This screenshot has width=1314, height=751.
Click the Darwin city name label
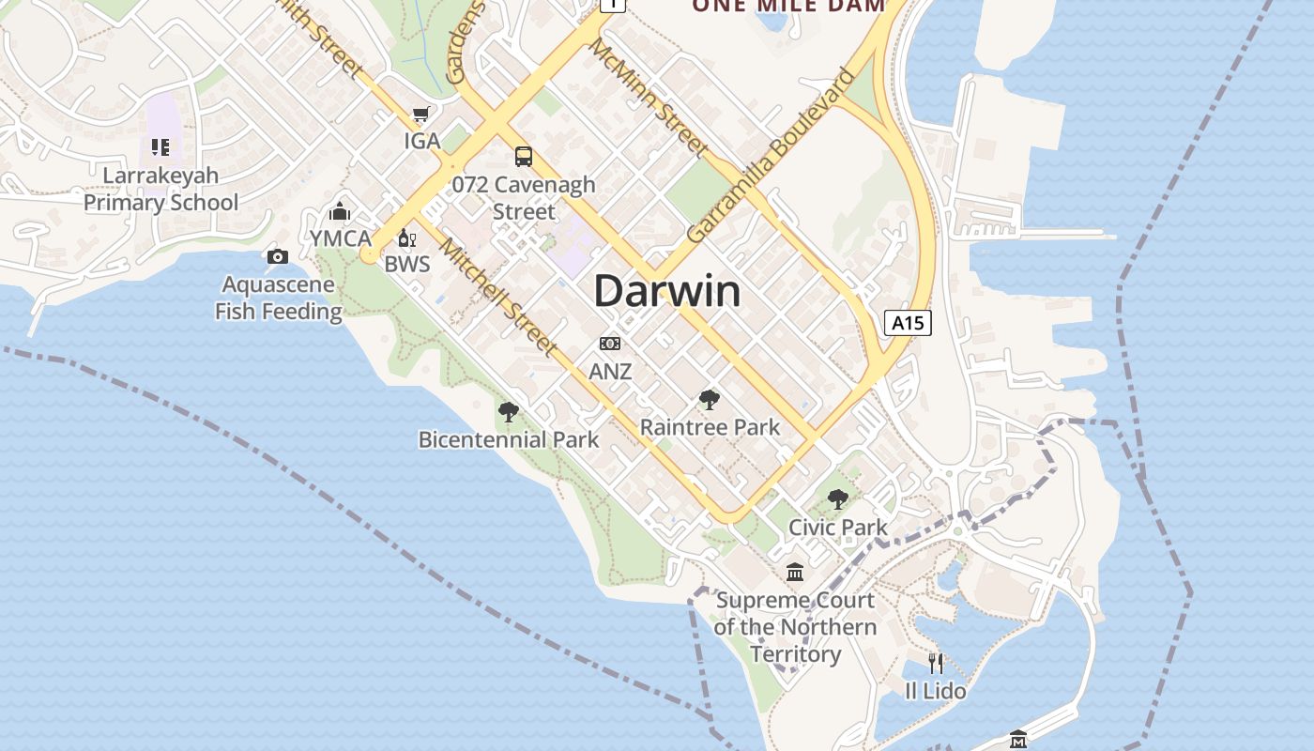[666, 291]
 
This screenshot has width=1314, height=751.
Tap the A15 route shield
[908, 323]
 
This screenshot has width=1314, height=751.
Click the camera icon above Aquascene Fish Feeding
[278, 256]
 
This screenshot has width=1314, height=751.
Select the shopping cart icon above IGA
[420, 115]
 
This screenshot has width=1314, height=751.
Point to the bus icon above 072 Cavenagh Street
[524, 157]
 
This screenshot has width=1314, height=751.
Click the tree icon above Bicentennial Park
[509, 411]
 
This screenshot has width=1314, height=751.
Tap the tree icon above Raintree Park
[710, 400]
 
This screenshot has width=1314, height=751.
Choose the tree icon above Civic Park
[838, 499]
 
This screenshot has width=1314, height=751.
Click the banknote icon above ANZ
[610, 344]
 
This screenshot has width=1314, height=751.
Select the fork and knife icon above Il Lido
[935, 663]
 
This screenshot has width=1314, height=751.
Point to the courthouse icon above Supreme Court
[795, 572]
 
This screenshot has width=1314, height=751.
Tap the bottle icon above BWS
[406, 238]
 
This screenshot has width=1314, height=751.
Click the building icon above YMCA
[340, 211]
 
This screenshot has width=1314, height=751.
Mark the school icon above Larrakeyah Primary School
[160, 147]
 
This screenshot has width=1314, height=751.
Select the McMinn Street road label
[649, 99]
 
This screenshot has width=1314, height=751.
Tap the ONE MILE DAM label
[788, 6]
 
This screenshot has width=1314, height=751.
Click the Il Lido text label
[935, 691]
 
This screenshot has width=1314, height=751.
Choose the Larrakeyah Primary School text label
[160, 189]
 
